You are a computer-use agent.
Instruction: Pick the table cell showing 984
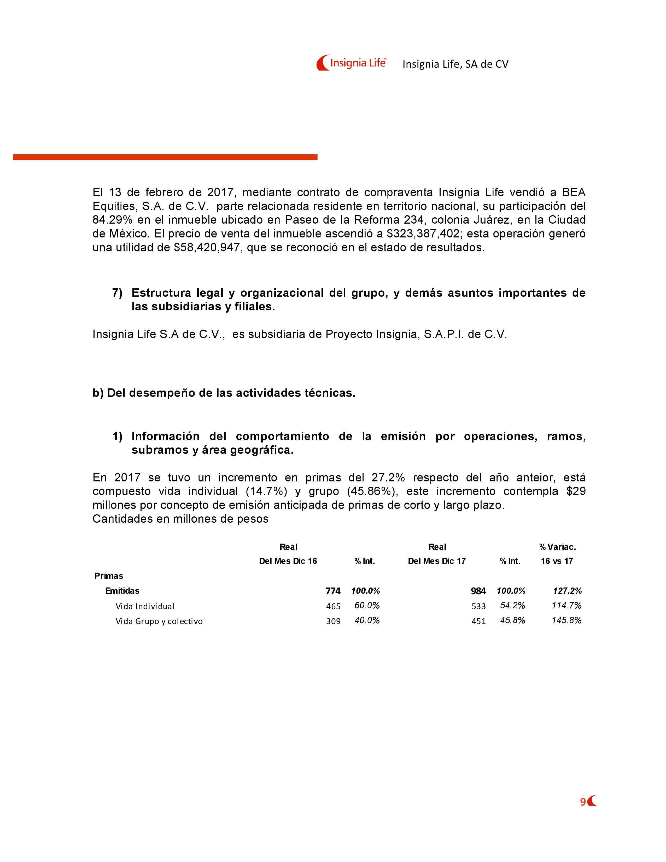click(478, 591)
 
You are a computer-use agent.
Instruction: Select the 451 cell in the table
click(478, 621)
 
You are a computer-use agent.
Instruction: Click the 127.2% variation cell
click(567, 591)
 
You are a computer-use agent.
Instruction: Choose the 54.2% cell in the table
click(512, 605)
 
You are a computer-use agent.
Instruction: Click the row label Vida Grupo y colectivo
click(159, 621)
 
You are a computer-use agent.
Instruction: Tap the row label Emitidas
click(122, 591)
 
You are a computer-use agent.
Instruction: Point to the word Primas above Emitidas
click(109, 576)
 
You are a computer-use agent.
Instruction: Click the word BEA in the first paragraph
click(574, 193)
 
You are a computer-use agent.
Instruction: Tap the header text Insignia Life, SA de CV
click(455, 64)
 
